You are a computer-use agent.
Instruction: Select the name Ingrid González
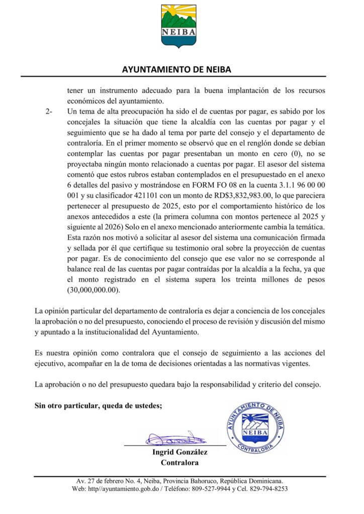pos(179,452)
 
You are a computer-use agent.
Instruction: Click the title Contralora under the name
pos(179,462)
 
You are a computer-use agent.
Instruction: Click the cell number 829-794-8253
pos(266,489)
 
